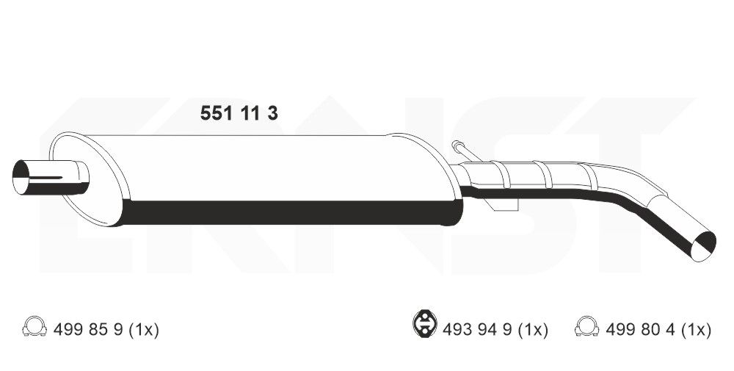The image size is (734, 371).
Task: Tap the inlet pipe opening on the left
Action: (x=28, y=179)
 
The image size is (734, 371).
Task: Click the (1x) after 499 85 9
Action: (x=144, y=331)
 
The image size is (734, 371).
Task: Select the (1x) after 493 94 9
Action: (x=534, y=331)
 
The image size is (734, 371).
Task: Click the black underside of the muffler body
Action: (x=294, y=212)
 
